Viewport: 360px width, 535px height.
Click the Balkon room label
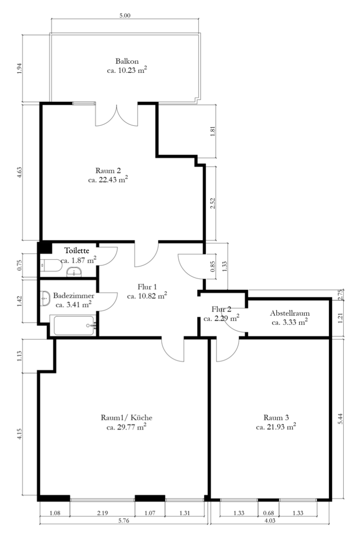tap(127, 61)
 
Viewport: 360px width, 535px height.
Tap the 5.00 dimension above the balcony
tap(125, 15)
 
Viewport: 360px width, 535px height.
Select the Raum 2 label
tap(108, 171)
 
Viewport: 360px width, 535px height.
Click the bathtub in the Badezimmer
tap(74, 325)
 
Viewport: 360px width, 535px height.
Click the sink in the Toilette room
tap(74, 272)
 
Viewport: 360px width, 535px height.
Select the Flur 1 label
tap(147, 287)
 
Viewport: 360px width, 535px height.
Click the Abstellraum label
tap(290, 313)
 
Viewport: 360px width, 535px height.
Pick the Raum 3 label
tap(276, 417)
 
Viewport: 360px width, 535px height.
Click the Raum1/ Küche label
tap(126, 417)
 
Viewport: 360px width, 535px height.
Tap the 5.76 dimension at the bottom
tap(124, 521)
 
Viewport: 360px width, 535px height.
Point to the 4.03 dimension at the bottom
tap(270, 521)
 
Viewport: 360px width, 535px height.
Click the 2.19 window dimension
tap(102, 513)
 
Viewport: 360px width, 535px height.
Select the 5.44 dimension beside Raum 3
tap(340, 418)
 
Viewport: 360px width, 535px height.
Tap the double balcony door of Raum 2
tap(117, 115)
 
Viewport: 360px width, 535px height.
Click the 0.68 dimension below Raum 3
tap(269, 513)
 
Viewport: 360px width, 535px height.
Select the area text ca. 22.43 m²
tap(108, 179)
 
